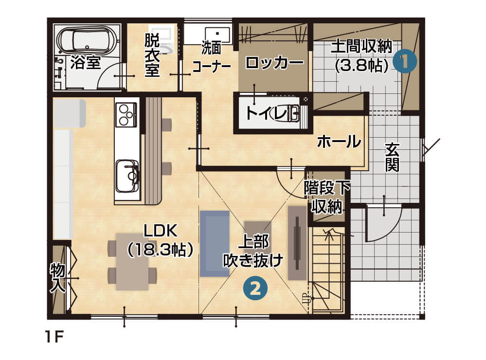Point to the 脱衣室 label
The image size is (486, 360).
[152, 54]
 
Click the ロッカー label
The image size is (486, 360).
[274, 63]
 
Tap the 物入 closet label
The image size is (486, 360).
[58, 278]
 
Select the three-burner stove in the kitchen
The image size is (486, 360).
[126, 114]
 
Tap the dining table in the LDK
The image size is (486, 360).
[132, 262]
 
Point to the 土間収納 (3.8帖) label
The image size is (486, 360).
[361, 55]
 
